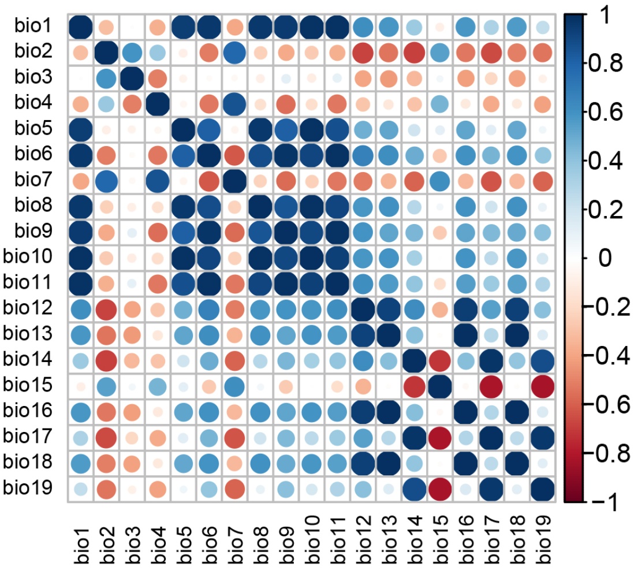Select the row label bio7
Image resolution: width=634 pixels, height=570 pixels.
tap(36, 180)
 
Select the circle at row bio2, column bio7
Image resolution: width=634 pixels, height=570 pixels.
tap(235, 52)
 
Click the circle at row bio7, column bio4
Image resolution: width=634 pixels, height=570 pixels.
tap(159, 180)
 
